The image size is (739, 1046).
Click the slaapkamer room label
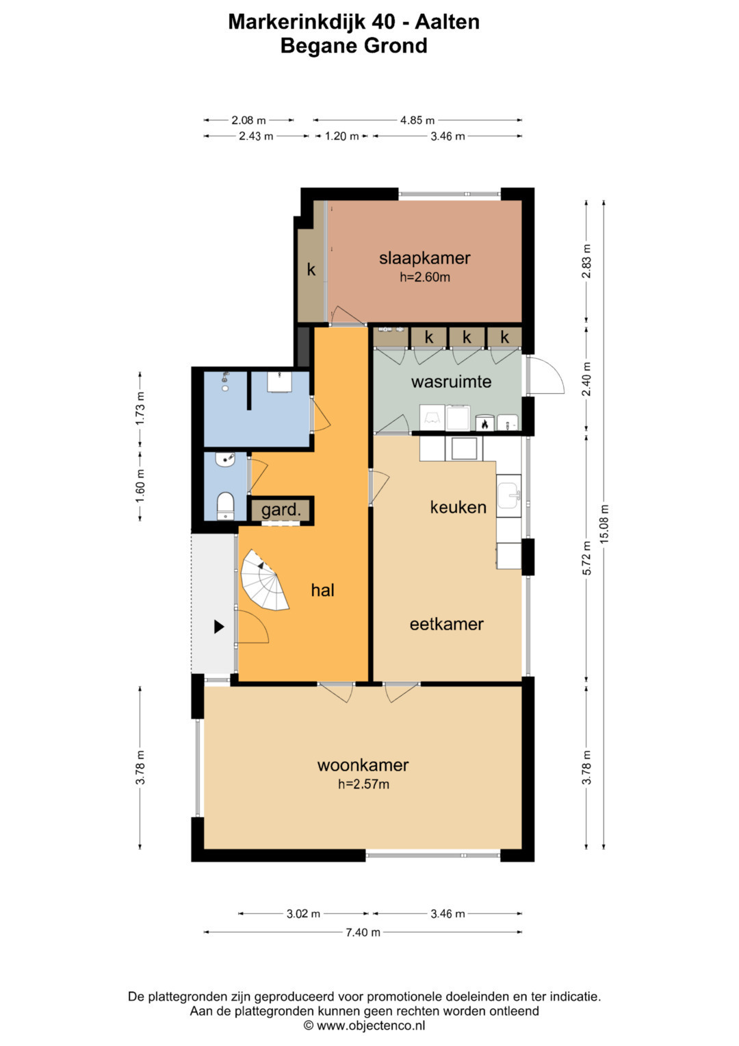pos(424,258)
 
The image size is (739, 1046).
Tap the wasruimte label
pos(451,382)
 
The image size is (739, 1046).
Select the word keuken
pos(458,507)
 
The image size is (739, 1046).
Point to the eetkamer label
pos(446,624)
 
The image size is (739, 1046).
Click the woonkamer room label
pos(363,764)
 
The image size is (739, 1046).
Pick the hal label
pos(323,590)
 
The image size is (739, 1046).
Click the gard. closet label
pos(281,510)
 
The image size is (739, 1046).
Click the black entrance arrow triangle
pos(219,627)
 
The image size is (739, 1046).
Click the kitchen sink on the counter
pos(508,495)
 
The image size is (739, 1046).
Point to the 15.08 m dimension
pos(604,523)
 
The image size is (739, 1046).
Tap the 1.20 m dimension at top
pos(342,136)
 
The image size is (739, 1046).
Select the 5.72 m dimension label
pos(587,558)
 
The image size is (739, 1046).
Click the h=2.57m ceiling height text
pos(363,784)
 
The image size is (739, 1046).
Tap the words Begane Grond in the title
pos(354,46)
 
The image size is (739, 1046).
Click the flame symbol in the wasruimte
pos(484,424)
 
